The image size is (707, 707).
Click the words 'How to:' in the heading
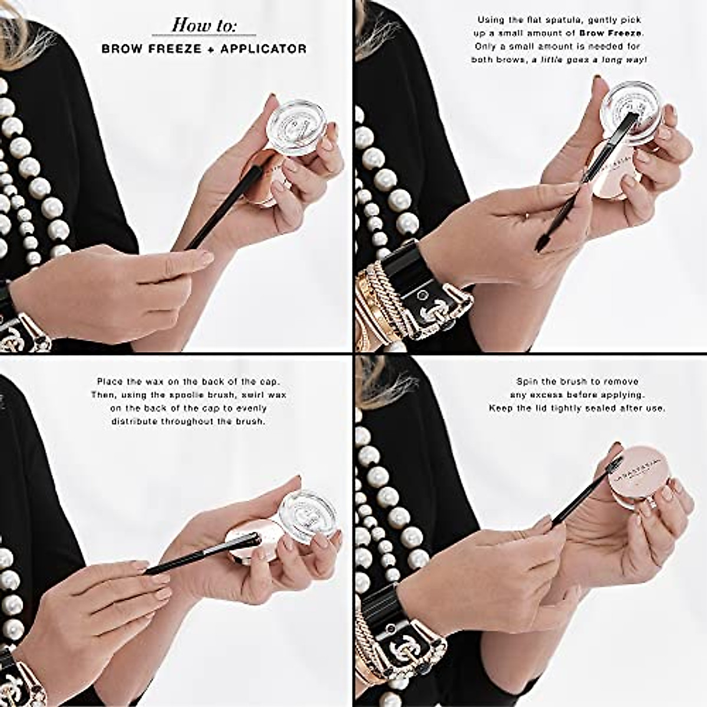[204, 25]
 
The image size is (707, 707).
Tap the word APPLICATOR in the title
[263, 49]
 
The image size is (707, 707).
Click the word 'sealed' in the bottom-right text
[603, 408]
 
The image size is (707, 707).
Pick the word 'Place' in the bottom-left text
[110, 382]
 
